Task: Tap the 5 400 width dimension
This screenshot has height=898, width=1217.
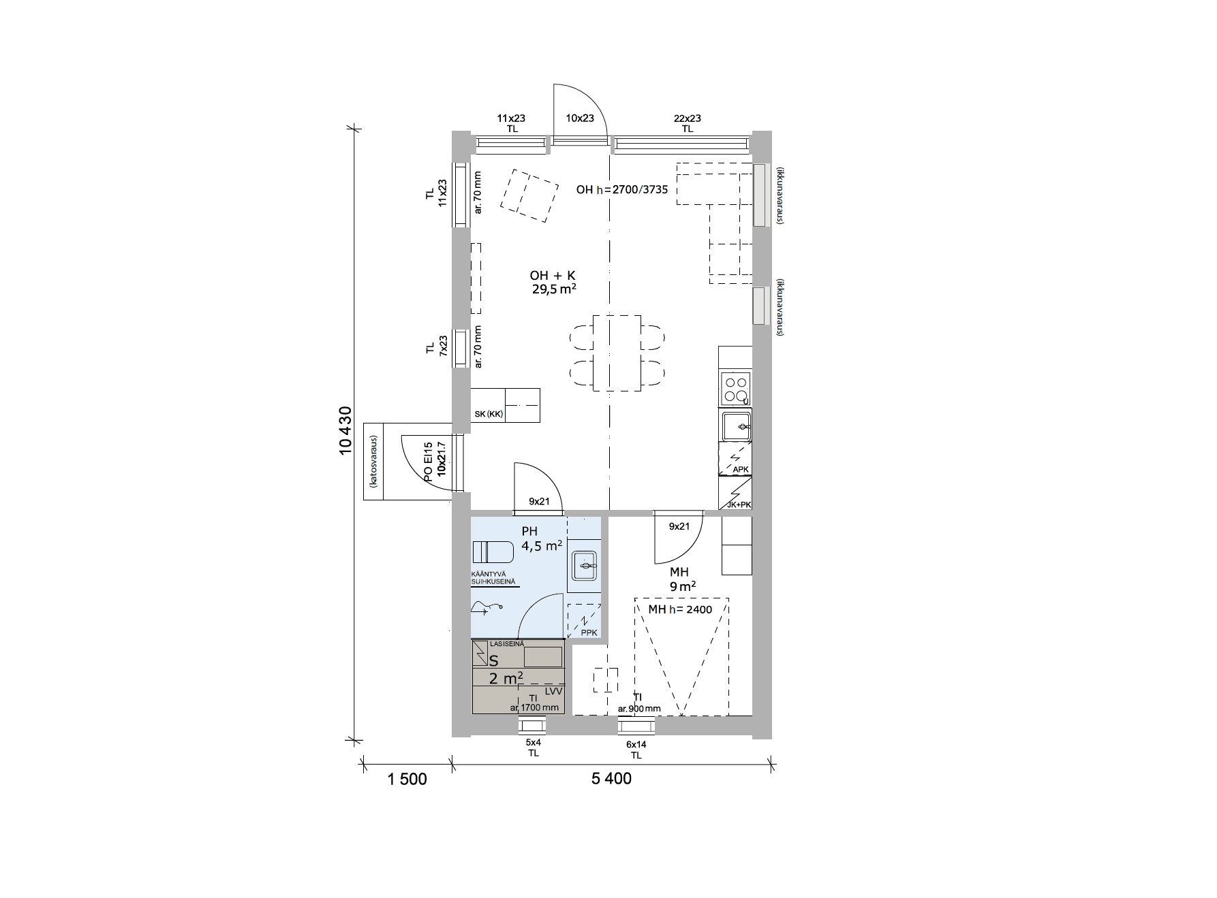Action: (x=611, y=778)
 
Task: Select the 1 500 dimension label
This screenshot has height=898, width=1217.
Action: (x=407, y=779)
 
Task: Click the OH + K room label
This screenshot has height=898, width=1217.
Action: (x=553, y=276)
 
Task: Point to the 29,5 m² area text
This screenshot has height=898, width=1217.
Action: (x=555, y=289)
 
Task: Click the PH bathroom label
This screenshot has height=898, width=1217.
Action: (x=529, y=532)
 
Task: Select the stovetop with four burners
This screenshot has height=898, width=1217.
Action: (x=735, y=388)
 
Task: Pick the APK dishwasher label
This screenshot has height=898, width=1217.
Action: (x=740, y=470)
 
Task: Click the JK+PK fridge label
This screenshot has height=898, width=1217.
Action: (x=739, y=505)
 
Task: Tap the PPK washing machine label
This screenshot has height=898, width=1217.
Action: (x=589, y=633)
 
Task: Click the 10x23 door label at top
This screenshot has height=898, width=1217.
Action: (x=580, y=118)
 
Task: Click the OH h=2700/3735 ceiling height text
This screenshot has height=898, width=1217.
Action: (x=622, y=190)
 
